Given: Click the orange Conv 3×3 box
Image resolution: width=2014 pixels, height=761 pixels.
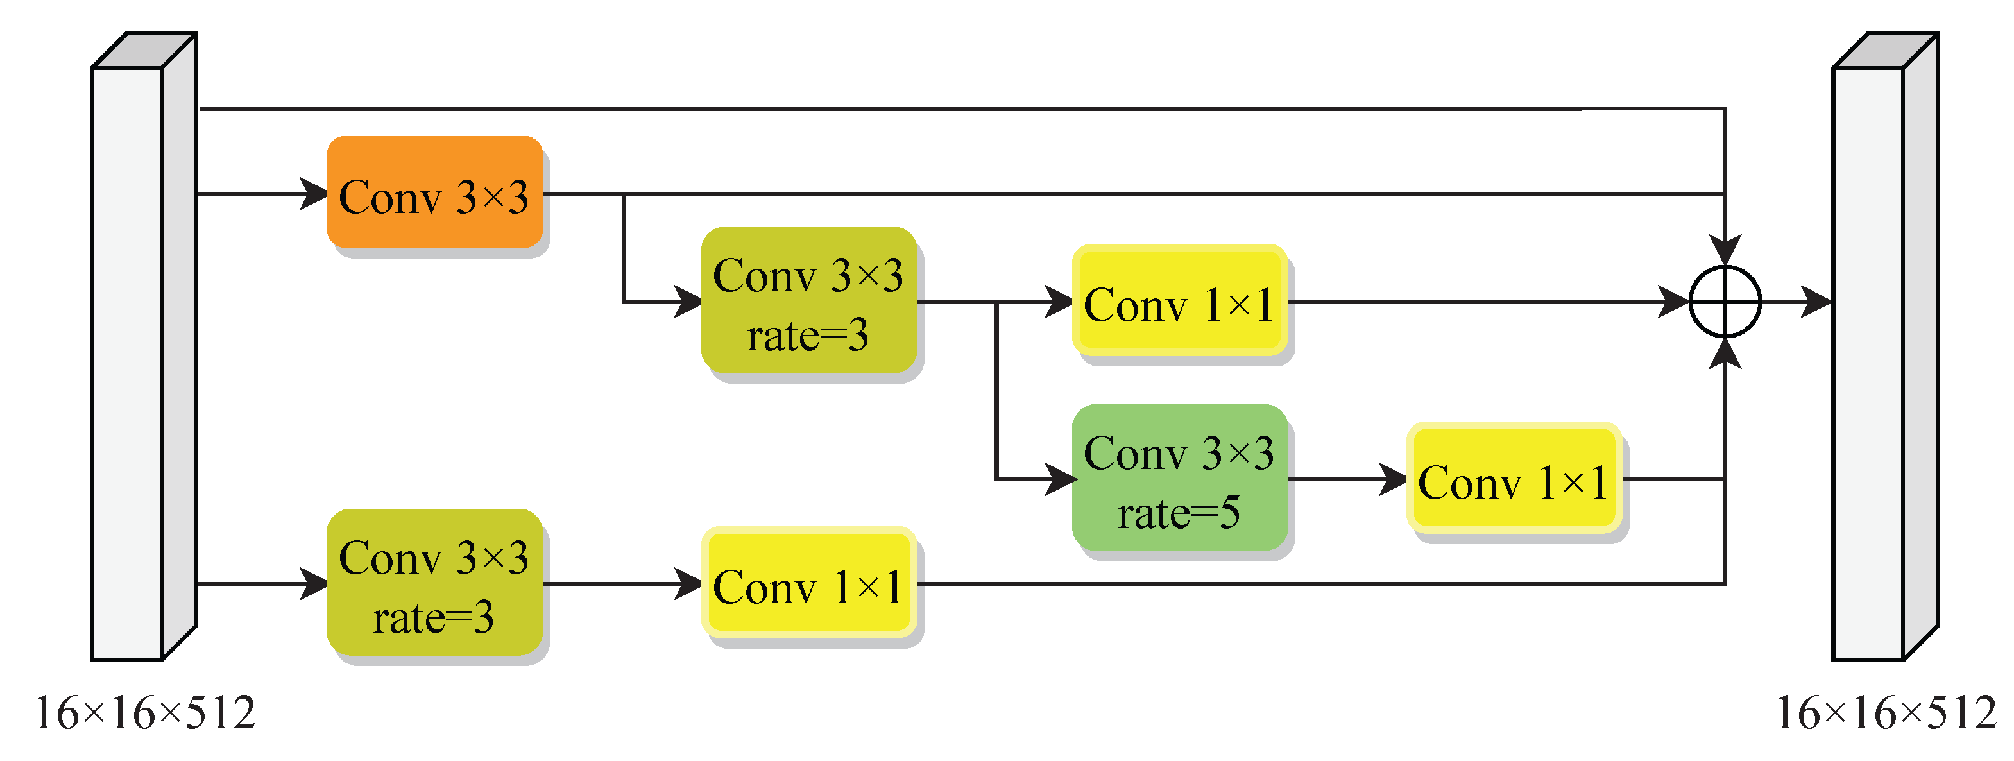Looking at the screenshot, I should click(x=435, y=192).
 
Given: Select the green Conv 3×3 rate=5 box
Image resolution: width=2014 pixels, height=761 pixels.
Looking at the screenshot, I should click(x=1179, y=478).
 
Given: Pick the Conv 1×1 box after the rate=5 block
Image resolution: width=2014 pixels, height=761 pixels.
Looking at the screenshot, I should click(x=1514, y=479).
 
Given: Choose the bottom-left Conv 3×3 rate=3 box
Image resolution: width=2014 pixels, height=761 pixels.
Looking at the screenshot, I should click(x=435, y=583).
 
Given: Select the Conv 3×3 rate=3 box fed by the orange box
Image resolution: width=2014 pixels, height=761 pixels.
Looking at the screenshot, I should click(x=808, y=301).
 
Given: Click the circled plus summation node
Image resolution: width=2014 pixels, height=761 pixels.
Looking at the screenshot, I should click(x=1725, y=301).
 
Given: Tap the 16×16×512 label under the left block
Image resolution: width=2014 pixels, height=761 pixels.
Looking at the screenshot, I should click(x=146, y=714).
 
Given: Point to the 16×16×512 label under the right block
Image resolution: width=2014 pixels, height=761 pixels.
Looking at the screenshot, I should click(x=1886, y=714).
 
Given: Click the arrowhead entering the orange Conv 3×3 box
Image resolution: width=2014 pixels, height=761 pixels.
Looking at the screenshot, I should click(x=314, y=193).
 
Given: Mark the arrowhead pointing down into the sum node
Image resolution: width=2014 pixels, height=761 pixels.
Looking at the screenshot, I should click(x=1725, y=250).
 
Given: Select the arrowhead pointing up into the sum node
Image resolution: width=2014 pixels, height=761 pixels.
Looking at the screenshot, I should click(x=1725, y=354).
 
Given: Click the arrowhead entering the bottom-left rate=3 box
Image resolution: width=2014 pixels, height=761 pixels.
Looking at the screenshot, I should click(x=314, y=583).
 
